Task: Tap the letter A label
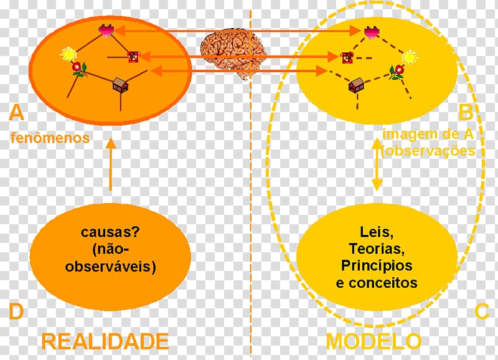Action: [x=17, y=113]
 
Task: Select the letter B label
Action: [x=465, y=113]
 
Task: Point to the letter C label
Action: [x=482, y=311]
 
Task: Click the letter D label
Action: [x=16, y=311]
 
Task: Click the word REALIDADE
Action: [x=105, y=341]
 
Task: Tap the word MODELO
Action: [x=373, y=341]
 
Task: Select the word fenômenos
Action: [x=50, y=138]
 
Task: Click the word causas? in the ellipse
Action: [x=110, y=233]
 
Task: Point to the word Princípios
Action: [x=377, y=266]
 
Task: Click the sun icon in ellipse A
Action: [x=67, y=54]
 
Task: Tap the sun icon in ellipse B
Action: [x=410, y=58]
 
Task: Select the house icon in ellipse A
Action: [x=120, y=85]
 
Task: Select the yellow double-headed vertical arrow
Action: [x=377, y=164]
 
